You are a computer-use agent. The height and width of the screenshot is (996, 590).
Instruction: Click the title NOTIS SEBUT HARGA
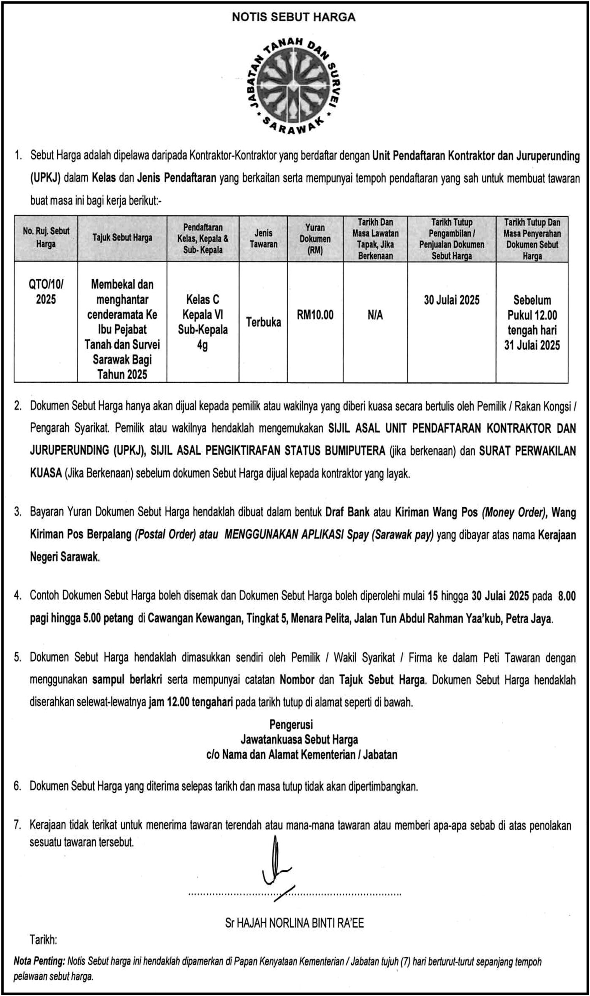293,17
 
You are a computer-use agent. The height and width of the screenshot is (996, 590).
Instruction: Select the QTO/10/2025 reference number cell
46,291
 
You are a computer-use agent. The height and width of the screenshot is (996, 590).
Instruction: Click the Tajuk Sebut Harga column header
122,238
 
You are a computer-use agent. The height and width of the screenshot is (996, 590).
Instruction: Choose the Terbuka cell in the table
263,322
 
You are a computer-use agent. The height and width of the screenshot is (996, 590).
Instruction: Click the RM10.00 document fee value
315,315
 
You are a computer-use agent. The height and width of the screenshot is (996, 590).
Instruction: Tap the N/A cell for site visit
375,315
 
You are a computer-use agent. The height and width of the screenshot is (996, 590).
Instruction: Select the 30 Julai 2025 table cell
451,300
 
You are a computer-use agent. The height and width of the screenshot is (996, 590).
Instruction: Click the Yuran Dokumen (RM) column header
315,238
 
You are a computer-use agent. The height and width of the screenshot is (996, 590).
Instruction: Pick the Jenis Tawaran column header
263,238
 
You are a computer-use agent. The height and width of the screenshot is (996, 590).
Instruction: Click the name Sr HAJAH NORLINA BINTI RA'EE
294,923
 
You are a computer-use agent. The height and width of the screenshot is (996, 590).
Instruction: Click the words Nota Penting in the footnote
39,961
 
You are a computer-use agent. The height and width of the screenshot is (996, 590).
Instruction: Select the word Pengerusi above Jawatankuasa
291,724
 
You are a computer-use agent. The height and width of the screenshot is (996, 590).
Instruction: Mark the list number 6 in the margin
17,786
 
